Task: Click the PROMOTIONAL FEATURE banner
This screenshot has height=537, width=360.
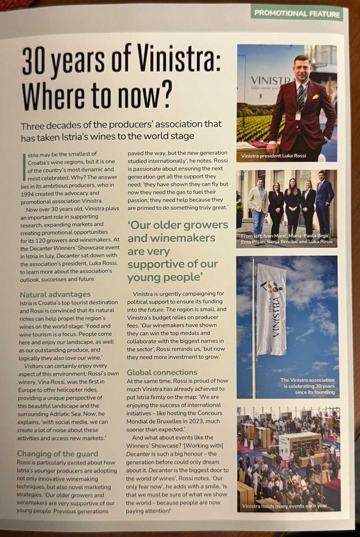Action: click(297, 13)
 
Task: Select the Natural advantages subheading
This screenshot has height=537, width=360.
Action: click(55, 294)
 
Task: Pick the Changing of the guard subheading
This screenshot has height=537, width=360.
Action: click(57, 453)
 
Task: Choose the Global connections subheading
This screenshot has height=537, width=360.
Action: click(162, 372)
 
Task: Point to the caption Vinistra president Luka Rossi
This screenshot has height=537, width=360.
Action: click(273, 155)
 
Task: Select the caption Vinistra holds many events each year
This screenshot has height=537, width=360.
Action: click(284, 505)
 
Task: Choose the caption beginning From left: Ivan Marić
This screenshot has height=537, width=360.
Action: click(286, 239)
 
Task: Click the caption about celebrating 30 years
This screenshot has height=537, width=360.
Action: click(307, 386)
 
